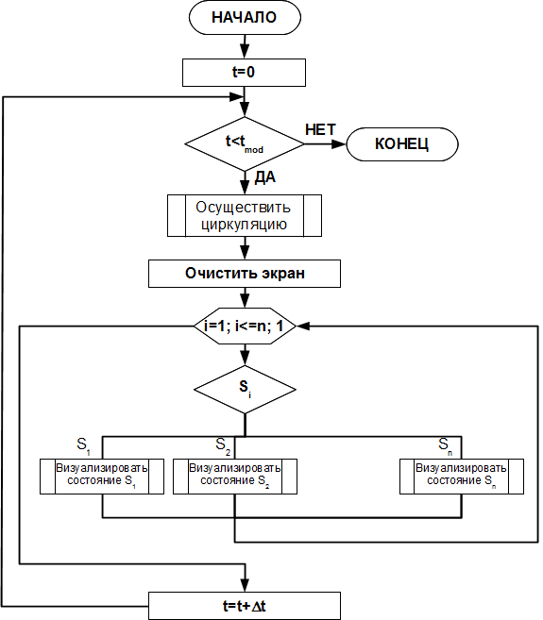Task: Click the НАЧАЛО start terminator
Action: coord(245,17)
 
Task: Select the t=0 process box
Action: coord(244,73)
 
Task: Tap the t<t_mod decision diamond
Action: coord(245,144)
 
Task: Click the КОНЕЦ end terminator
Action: coord(402,144)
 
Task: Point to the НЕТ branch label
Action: coord(320,129)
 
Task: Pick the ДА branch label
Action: coord(264,177)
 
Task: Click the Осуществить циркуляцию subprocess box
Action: coord(245,215)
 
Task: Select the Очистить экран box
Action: coord(245,274)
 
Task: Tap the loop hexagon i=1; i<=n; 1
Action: coord(245,327)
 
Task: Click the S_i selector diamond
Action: coord(245,390)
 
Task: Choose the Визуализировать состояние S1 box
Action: coord(102,477)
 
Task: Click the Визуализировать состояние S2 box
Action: coord(235,477)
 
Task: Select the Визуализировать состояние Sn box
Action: coord(462,477)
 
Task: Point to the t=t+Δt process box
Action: coord(245,606)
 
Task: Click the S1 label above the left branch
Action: coord(83,444)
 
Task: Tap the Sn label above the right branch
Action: coord(445,444)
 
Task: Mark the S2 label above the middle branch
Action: coord(223,444)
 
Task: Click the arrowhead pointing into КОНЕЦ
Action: coord(339,144)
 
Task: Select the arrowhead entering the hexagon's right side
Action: coord(303,327)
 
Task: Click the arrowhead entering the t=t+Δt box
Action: coord(245,585)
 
